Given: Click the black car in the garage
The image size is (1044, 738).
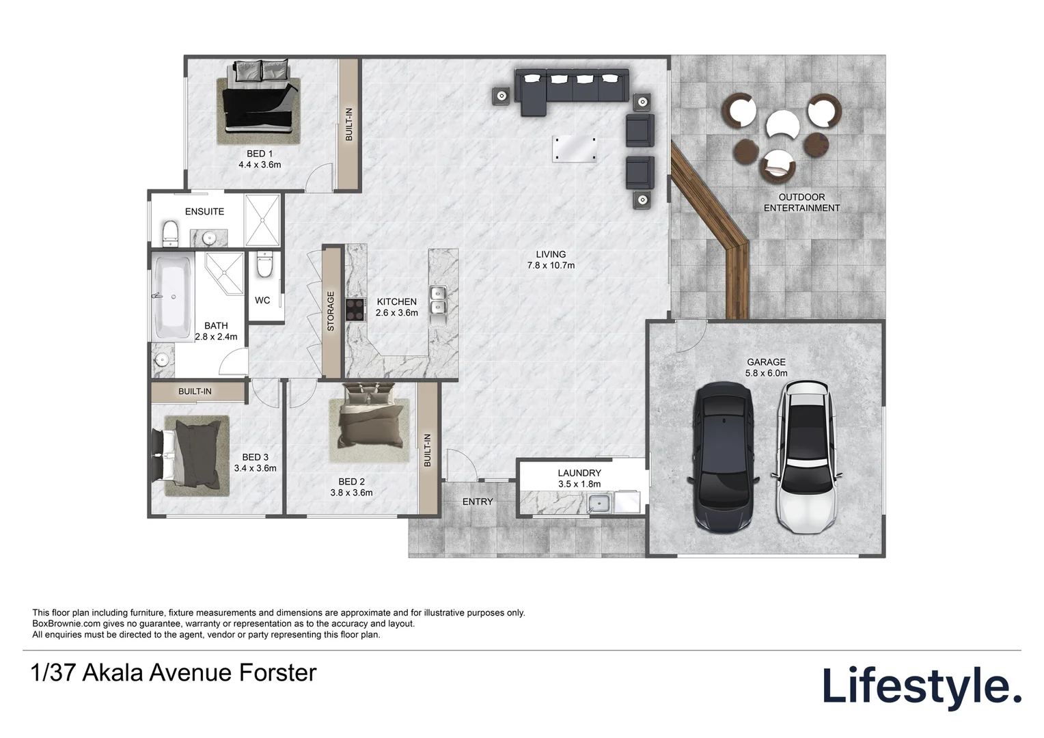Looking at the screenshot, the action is click(x=724, y=458).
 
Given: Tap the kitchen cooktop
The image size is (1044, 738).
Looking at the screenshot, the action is click(x=355, y=310).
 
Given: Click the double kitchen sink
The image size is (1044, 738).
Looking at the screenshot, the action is click(x=438, y=301).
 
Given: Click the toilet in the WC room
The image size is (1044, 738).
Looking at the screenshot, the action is click(x=264, y=264).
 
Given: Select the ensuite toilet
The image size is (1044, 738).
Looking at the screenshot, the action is click(x=170, y=232).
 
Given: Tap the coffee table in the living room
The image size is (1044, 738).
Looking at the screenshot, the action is click(x=574, y=149).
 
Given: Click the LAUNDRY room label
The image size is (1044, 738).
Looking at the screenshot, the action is click(x=579, y=473).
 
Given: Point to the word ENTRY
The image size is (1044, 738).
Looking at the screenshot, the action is click(x=478, y=502).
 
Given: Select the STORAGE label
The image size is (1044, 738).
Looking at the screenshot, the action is click(x=331, y=312).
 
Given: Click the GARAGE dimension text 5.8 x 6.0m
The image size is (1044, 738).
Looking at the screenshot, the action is click(x=766, y=373).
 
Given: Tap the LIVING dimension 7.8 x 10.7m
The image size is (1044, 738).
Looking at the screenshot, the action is click(x=551, y=265).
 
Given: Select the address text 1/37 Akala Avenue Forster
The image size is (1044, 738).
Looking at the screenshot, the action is click(x=174, y=672).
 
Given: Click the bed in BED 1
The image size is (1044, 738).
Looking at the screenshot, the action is click(x=259, y=100).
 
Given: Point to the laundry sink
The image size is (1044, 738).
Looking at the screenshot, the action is click(x=599, y=504).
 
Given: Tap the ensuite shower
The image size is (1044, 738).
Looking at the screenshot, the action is click(x=262, y=219).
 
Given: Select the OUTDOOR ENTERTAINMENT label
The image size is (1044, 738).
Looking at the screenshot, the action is click(x=801, y=203).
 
